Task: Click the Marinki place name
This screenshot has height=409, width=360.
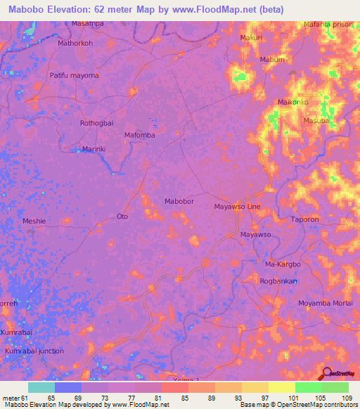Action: pos(94,149)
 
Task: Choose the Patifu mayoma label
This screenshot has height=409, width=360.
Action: pos(74,75)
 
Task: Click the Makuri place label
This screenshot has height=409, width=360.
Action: pos(251,37)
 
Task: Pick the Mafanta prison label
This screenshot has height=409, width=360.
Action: pos(327,25)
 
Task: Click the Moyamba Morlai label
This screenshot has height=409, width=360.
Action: pos(325,302)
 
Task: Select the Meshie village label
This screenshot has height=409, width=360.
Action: pos(34,221)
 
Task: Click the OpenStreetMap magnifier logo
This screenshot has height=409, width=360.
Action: pos(327,372)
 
